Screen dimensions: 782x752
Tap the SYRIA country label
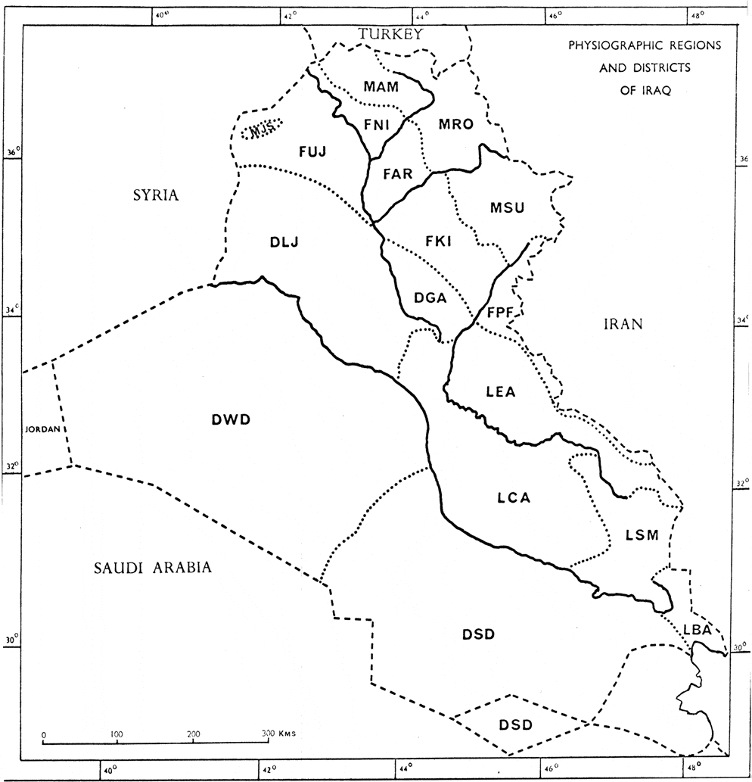(155, 195)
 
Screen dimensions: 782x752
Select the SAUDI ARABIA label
(151, 568)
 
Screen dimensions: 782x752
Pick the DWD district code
(231, 418)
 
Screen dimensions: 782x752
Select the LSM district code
(642, 534)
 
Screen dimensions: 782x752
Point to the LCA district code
(514, 498)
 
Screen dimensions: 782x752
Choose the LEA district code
(500, 391)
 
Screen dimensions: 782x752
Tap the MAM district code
(381, 88)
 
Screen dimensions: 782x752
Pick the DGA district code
(430, 298)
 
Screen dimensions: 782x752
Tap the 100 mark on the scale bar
(117, 734)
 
